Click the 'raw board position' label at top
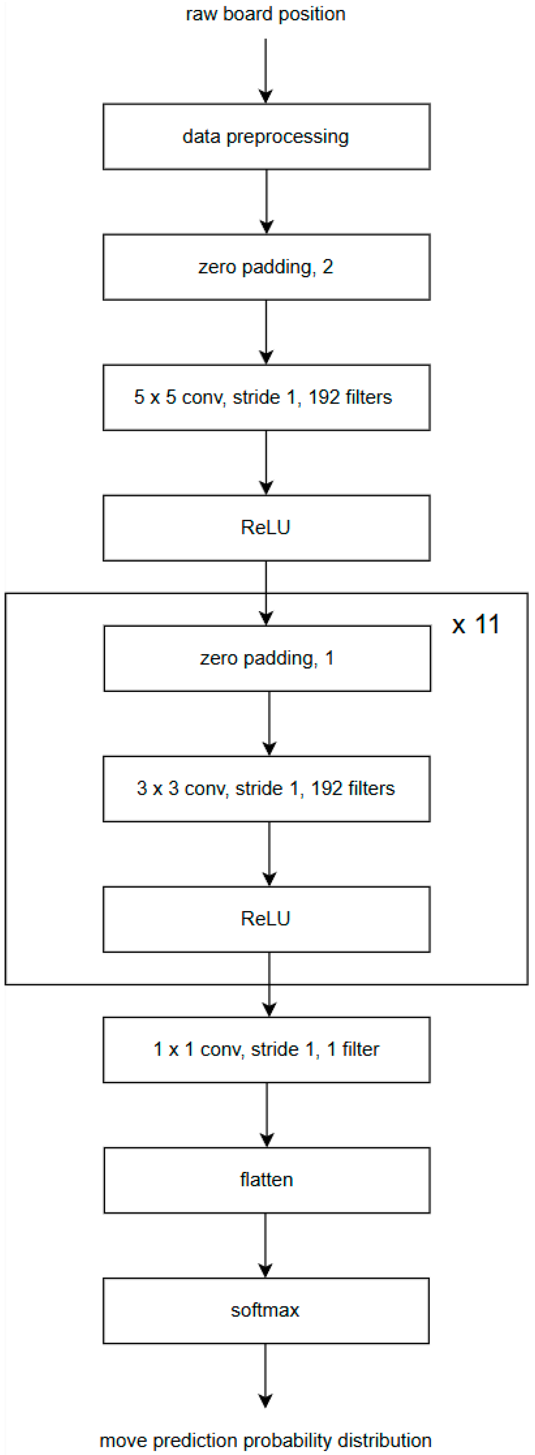click(x=265, y=14)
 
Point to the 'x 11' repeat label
click(x=476, y=625)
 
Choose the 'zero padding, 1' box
click(x=267, y=659)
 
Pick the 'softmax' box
click(x=266, y=1311)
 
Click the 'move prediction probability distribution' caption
click(x=265, y=1440)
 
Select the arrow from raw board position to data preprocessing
click(x=266, y=71)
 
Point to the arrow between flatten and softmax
click(x=266, y=1245)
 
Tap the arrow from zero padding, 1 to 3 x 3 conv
click(x=269, y=723)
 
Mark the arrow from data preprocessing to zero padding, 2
click(x=266, y=202)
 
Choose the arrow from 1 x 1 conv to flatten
click(x=266, y=1115)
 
